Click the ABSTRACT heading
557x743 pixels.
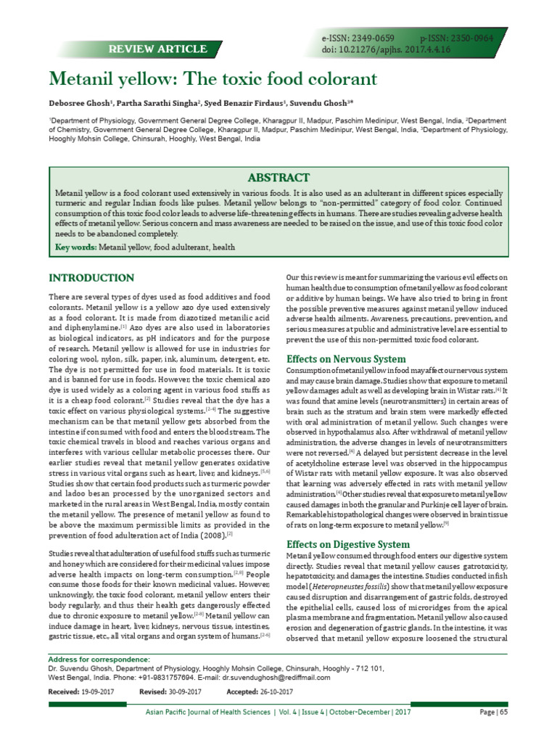point(279,178)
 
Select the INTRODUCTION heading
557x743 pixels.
point(91,278)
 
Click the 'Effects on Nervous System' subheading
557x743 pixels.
point(347,359)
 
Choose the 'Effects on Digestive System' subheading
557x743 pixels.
point(348,544)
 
